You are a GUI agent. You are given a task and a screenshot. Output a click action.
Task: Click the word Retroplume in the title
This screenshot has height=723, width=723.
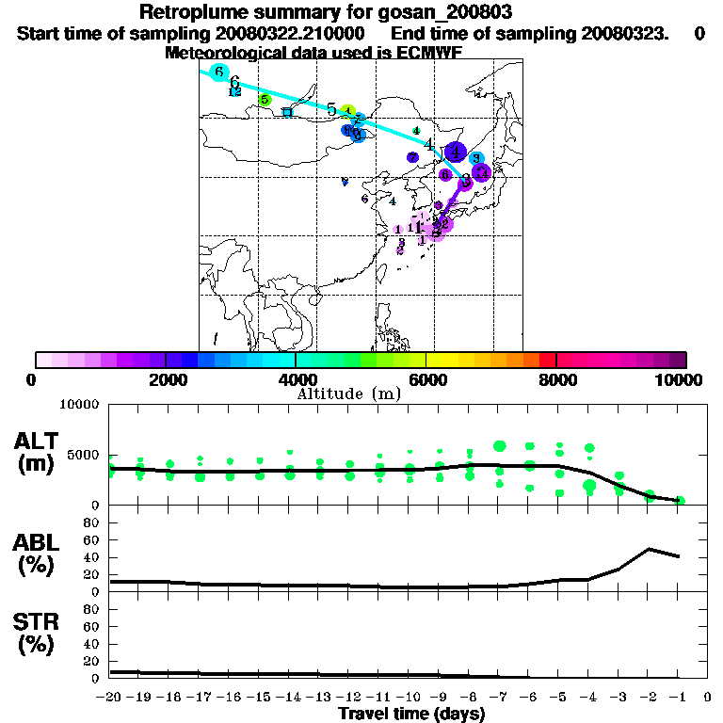click(x=193, y=13)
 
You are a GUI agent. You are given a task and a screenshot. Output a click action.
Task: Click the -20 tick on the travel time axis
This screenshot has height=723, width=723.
click(x=109, y=698)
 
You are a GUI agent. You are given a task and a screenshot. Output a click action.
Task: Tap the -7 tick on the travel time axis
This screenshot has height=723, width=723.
click(x=499, y=698)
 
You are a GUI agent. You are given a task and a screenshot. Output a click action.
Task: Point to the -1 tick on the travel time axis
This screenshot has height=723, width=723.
click(x=679, y=698)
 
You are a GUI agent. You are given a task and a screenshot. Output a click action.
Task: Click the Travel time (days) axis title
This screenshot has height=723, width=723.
click(x=411, y=714)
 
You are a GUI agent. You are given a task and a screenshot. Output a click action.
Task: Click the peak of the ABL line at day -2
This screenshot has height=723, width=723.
click(x=650, y=549)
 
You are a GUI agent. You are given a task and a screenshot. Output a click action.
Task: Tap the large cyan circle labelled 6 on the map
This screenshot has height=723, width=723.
click(x=219, y=72)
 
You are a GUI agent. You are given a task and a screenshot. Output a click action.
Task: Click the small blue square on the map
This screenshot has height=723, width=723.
click(x=288, y=112)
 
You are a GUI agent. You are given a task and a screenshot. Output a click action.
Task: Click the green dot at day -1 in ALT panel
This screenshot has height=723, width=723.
click(x=680, y=501)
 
